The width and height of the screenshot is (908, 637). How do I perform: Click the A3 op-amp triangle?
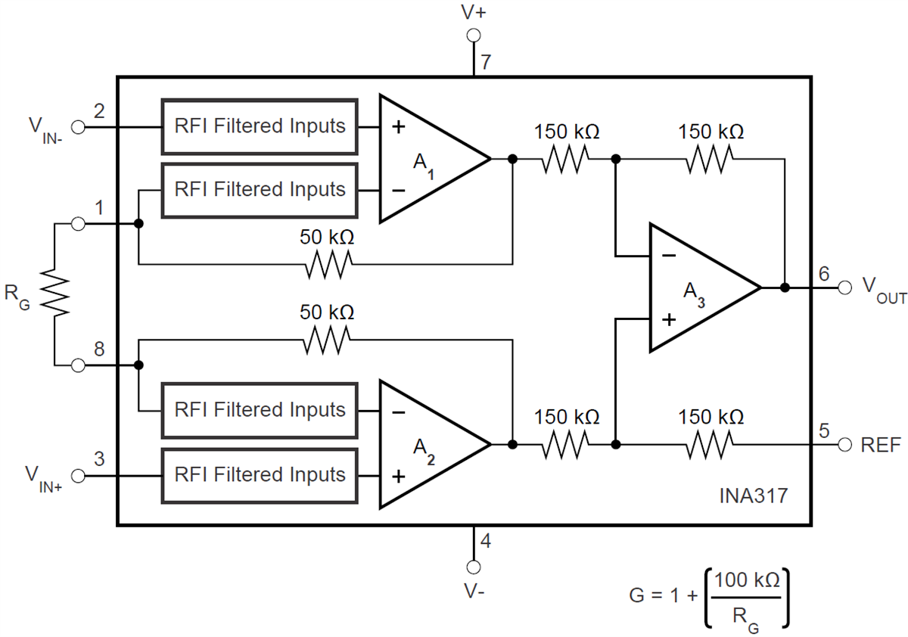coord(696,288)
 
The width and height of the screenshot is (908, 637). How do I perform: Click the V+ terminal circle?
coord(474,35)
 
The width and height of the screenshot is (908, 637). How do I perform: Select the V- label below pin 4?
coord(474,591)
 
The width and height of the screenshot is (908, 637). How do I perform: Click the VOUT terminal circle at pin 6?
coord(844,287)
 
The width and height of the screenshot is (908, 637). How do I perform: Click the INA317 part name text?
coord(753,497)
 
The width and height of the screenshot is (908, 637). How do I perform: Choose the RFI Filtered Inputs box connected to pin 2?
coord(259,126)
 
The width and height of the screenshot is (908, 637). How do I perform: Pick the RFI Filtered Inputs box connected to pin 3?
coord(259,475)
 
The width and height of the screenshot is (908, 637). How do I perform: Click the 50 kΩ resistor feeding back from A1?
coord(328,264)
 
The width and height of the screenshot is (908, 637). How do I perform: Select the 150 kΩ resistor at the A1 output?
coord(566,159)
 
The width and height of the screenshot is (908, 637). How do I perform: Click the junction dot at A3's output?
coord(785,287)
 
